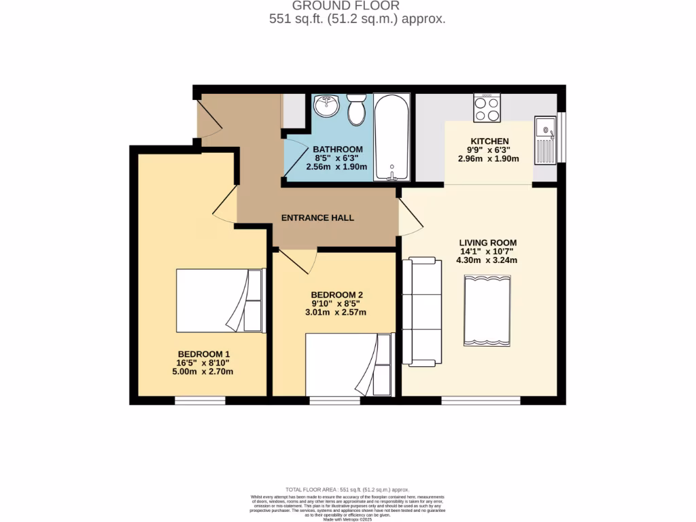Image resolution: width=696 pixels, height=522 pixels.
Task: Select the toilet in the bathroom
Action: pos(357,110)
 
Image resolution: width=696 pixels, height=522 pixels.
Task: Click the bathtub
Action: pos(391,138)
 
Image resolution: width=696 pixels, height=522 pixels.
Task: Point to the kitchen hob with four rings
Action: pos(487,109)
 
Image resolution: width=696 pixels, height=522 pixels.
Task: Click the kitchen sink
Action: pos(545,141)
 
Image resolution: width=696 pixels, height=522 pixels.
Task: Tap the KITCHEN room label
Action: pos(489,141)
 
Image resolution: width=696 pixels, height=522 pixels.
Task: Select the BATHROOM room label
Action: pos(337,149)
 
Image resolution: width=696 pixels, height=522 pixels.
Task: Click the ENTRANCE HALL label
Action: pos(317,218)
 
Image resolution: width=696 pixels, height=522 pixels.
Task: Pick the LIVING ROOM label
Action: pos(487,243)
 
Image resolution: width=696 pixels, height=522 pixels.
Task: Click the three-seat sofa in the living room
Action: pos(421,311)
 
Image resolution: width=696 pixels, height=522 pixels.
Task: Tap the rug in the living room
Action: pos(487,311)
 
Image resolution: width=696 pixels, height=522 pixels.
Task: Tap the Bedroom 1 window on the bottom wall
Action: pos(200,401)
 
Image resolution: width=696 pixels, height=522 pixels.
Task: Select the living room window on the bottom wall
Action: pos(481,401)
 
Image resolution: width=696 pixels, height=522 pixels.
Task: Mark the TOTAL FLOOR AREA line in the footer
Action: pos(347,489)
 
